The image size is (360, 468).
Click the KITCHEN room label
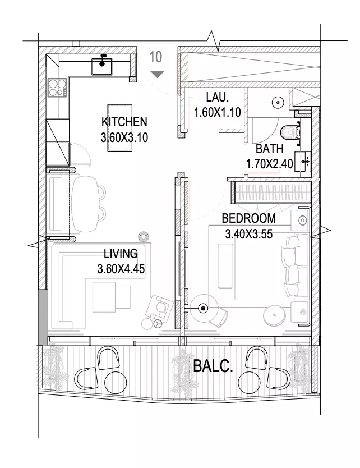pos(124,122)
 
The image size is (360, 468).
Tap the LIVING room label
pos(121,254)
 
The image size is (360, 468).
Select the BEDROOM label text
pos(249,218)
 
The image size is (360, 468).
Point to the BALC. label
pos(213,366)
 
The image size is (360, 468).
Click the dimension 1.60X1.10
pos(217,113)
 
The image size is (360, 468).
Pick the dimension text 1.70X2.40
pos(269,164)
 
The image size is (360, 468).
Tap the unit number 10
pos(156,57)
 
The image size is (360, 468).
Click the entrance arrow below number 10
pos(157,74)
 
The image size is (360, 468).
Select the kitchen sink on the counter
pos(102,66)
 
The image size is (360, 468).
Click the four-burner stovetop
pos(57,88)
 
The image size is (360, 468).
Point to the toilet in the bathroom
pos(290,132)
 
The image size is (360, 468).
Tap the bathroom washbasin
pos(303,162)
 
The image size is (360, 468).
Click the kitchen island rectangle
pos(119,128)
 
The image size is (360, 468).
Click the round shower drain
pos(278,102)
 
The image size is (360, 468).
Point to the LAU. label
pos(218,97)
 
